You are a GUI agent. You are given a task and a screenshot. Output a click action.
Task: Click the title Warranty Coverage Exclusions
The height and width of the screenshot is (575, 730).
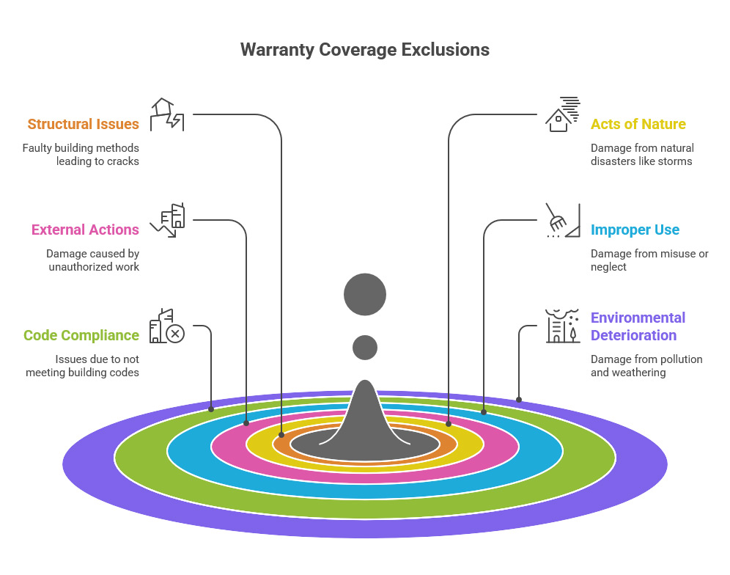364,50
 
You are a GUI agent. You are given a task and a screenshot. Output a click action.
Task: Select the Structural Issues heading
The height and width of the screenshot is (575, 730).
83,124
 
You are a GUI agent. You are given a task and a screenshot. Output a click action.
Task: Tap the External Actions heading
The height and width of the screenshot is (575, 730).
85,230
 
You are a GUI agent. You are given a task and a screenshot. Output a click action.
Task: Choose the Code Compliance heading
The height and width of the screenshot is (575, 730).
81,335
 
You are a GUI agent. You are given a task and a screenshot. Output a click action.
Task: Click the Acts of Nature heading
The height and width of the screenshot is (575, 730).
638,124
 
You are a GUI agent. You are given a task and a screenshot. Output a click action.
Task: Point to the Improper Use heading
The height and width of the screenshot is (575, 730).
635,230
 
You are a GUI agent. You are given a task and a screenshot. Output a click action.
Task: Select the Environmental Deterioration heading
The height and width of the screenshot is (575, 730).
638,326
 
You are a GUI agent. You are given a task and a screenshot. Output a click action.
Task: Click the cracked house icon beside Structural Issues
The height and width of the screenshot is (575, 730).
166,114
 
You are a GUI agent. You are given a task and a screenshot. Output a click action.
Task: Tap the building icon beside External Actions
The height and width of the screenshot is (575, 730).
168,220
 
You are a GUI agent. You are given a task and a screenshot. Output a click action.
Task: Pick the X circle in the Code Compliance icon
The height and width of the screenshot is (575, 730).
175,334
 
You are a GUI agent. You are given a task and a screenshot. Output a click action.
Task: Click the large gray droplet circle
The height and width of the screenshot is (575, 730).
364,295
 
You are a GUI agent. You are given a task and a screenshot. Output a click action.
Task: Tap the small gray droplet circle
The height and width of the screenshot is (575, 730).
364,347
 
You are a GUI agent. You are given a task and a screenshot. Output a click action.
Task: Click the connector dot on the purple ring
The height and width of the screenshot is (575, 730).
519,400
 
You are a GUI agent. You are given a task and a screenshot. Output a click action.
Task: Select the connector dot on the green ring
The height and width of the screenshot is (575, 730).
211,409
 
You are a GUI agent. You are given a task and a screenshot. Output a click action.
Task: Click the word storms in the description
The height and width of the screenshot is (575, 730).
675,161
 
